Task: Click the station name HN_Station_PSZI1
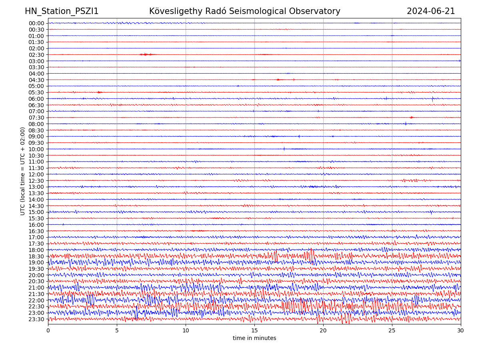pos(62,11)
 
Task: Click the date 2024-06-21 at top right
pos(431,11)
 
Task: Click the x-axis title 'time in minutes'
pos(254,338)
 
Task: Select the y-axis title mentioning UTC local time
pos(23,171)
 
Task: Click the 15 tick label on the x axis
pos(254,331)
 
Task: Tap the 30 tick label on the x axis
pos(461,331)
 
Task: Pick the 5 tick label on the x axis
pos(117,331)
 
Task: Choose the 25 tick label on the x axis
pos(392,331)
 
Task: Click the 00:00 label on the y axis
pos(36,23)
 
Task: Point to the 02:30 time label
pos(36,55)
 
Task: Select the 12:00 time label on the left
pos(36,174)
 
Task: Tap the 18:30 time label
pos(36,256)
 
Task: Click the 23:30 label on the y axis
pos(36,319)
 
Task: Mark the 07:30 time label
pos(36,118)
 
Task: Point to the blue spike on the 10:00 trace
pos(284,149)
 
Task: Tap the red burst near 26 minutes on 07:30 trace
pos(412,117)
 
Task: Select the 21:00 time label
pos(36,288)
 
